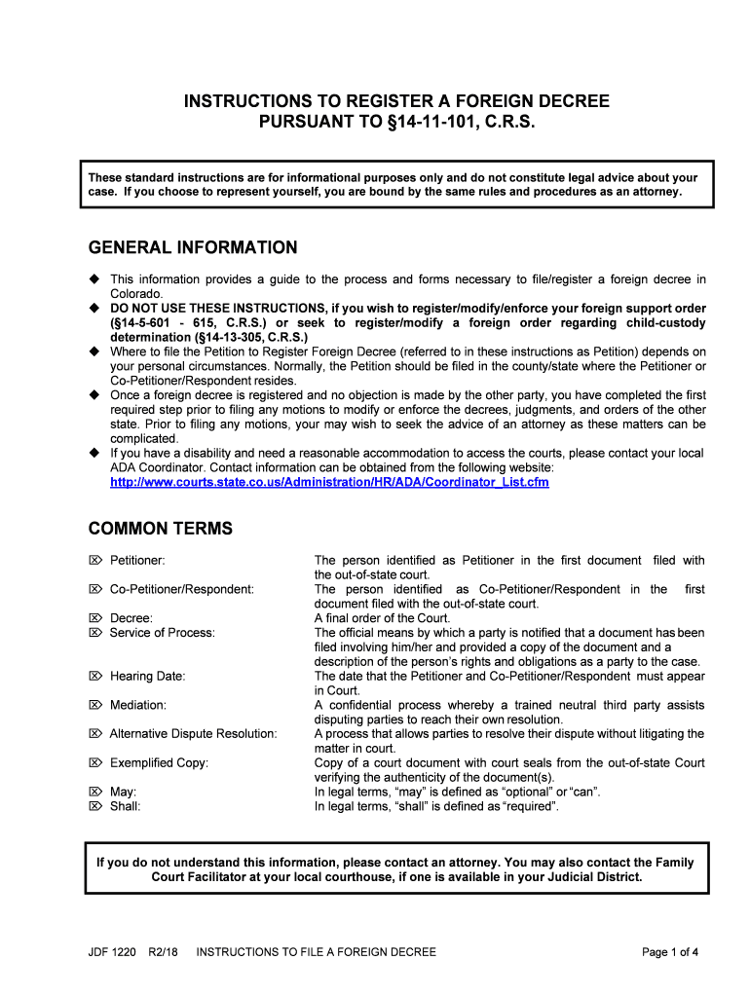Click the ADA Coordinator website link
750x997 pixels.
[x=329, y=482]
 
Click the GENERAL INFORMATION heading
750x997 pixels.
[x=193, y=248]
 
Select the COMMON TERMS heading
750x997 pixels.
[x=161, y=529]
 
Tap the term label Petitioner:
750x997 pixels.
[x=137, y=561]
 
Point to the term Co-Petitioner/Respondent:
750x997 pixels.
[x=181, y=589]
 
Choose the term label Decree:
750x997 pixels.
[x=131, y=618]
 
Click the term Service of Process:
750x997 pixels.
[x=162, y=633]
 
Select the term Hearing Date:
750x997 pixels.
[x=147, y=676]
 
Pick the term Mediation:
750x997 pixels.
[x=137, y=705]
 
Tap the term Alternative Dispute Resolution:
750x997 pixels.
[x=193, y=733]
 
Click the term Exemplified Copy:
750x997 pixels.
[x=159, y=763]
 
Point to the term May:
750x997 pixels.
[x=124, y=792]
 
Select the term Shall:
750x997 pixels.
[x=126, y=806]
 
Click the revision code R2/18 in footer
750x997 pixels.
[x=165, y=952]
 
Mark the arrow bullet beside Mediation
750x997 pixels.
[x=95, y=705]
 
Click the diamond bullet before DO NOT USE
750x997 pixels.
[x=95, y=308]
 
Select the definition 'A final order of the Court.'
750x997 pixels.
[x=382, y=618]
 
